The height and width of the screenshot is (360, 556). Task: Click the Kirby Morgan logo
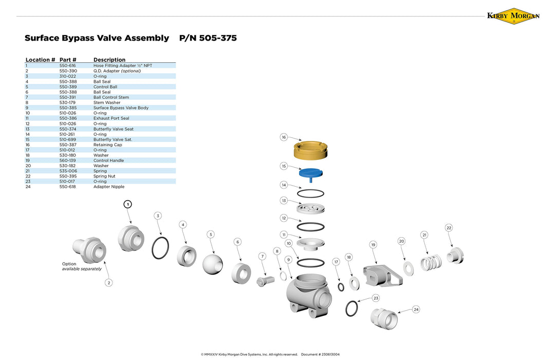[x=513, y=16]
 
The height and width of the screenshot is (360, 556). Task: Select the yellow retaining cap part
[x=310, y=150]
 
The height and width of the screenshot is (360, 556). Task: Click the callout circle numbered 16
[x=284, y=137]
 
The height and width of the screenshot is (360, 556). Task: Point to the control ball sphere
[x=213, y=263]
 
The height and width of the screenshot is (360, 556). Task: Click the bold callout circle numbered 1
[x=128, y=204]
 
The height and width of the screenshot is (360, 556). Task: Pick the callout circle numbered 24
[x=416, y=309]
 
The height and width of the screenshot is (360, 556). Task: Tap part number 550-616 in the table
[x=68, y=66]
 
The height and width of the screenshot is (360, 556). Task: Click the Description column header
[x=109, y=60]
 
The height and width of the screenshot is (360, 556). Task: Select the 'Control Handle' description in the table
[x=108, y=160]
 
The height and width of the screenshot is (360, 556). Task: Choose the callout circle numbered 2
[x=108, y=282]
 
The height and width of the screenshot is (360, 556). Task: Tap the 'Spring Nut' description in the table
[x=104, y=176]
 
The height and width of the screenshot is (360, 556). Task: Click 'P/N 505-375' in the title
[x=208, y=38]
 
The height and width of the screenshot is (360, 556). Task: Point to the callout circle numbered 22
[x=449, y=228]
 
